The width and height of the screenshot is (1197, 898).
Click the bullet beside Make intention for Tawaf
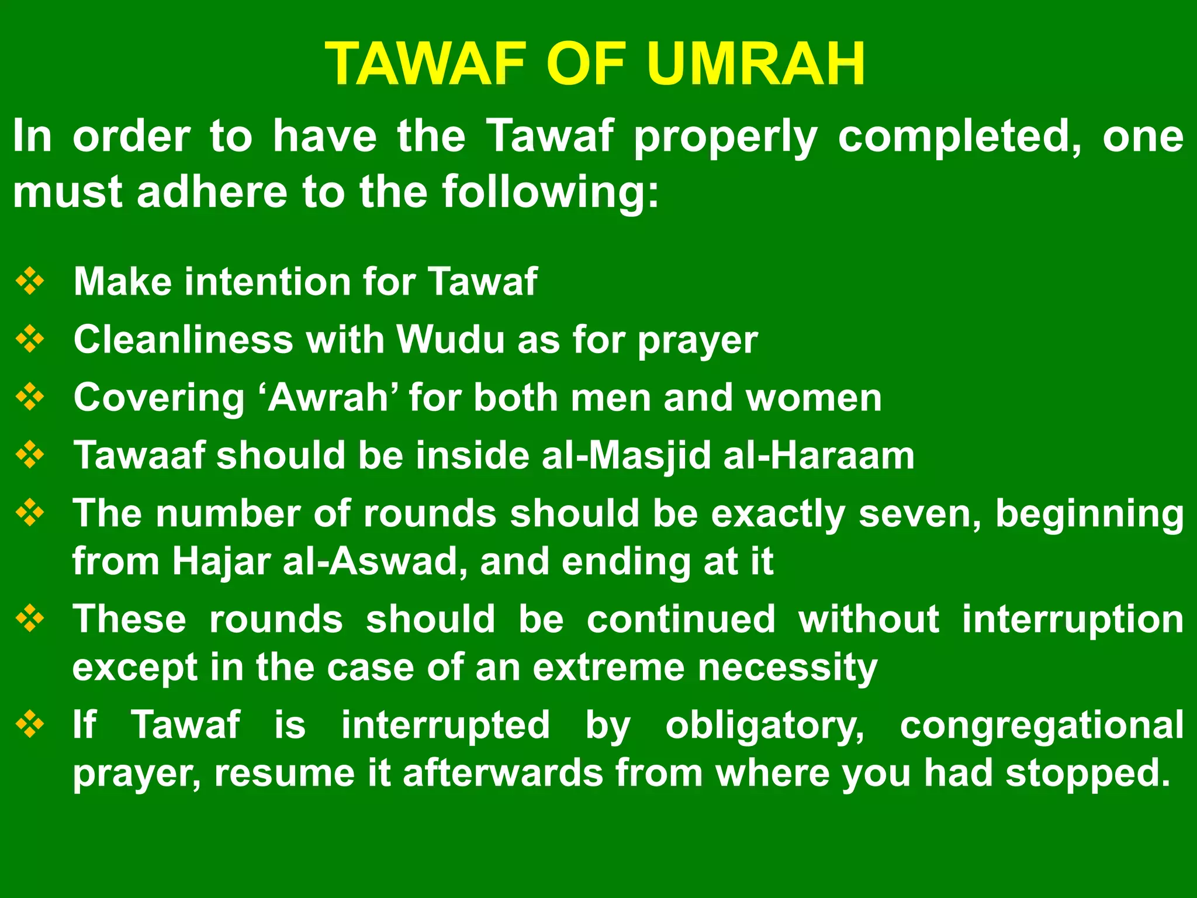(30, 281)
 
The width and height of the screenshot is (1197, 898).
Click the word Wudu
(450, 339)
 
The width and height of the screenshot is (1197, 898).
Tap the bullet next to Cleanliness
(30, 339)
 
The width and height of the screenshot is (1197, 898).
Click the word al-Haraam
(818, 455)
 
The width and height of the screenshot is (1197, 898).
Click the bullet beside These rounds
(30, 619)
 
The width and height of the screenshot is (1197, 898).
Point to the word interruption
(1073, 619)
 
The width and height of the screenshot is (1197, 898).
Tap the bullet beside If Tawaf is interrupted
(30, 724)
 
